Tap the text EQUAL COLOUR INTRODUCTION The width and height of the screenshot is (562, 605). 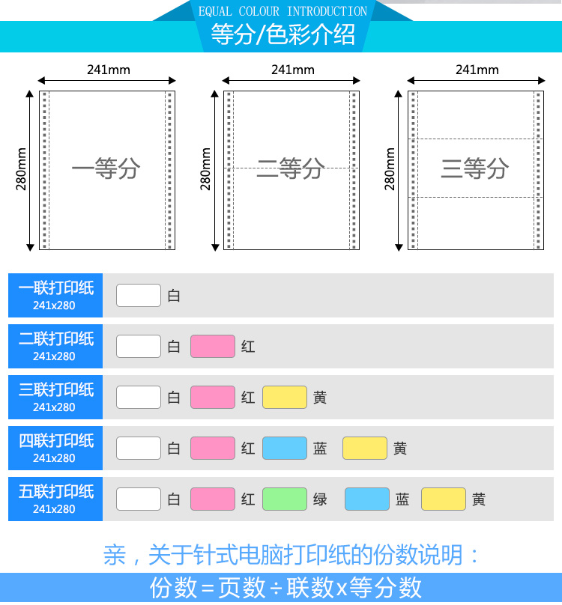point(282,11)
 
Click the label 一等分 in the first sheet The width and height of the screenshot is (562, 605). point(106,168)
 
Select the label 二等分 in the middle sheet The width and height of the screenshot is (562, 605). point(290,168)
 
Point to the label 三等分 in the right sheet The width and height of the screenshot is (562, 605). point(475,168)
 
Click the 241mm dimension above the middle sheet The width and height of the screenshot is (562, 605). point(293,70)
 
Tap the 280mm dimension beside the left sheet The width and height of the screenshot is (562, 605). point(22,168)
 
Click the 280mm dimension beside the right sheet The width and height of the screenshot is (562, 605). point(390,168)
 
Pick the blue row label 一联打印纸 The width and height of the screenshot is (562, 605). point(55,295)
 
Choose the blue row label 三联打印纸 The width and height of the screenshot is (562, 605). point(55,397)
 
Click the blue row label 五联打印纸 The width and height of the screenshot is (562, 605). point(55,499)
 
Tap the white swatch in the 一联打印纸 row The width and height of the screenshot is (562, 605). point(139,295)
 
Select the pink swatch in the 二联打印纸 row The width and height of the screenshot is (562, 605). point(213,346)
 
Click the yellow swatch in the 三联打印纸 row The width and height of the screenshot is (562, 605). point(285,397)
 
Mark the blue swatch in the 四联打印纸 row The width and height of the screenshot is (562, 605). point(285,448)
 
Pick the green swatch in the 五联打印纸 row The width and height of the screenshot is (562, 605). point(285,499)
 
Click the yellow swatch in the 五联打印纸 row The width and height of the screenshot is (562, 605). point(444,499)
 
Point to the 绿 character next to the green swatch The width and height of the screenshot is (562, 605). point(320,499)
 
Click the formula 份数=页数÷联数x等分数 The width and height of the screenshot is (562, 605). point(286,588)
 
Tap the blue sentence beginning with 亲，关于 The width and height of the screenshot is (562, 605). point(292,555)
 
